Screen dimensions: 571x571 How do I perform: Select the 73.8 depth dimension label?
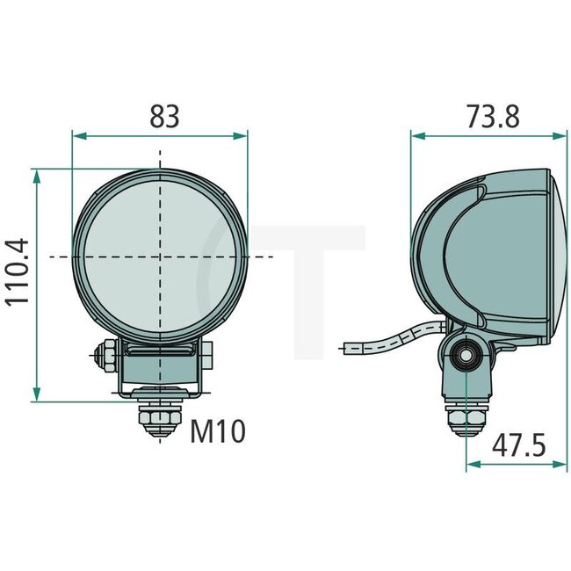493,116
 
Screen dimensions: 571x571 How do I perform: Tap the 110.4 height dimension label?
18,271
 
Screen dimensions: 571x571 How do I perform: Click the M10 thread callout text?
217,431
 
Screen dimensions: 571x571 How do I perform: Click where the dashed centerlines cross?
160,257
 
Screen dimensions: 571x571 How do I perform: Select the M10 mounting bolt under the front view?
160,420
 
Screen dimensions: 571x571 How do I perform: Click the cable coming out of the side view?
387,343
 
